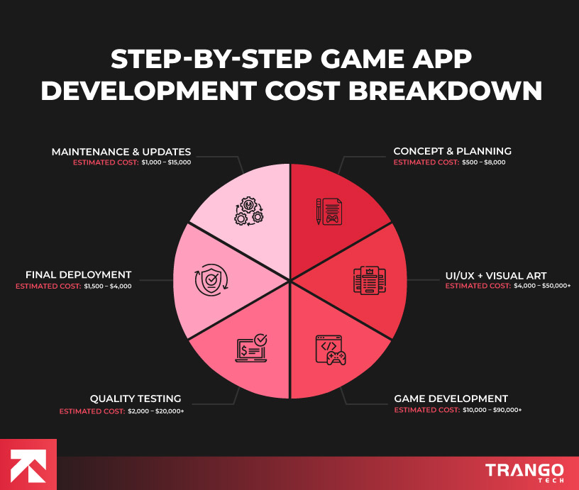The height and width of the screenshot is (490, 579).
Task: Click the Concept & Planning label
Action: point(452,151)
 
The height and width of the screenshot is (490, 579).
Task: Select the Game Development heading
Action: point(451,399)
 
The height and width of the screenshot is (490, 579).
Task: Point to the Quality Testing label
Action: point(135,399)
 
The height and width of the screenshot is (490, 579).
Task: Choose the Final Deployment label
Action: point(78,275)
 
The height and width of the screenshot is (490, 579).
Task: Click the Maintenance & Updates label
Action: point(121,151)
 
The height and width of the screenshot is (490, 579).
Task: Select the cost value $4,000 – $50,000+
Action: point(543,286)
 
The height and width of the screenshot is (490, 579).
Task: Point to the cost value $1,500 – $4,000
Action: point(107,286)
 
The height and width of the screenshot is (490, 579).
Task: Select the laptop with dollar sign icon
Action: point(252,348)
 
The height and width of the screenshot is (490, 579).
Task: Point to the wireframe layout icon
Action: point(368,279)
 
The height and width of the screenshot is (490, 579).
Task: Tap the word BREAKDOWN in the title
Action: point(440,92)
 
